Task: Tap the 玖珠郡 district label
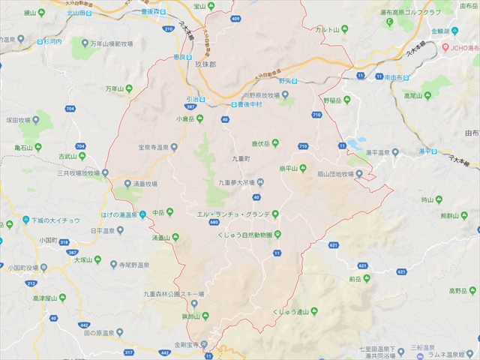coord(204,64)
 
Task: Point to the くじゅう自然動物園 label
coord(235,235)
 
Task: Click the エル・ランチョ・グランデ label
coord(232,214)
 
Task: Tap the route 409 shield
coord(236,19)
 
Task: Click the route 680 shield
coord(214,223)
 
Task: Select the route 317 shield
coord(129,352)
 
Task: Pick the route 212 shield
coord(31,283)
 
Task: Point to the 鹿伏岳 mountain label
coord(260,143)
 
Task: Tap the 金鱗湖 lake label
coord(439,31)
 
